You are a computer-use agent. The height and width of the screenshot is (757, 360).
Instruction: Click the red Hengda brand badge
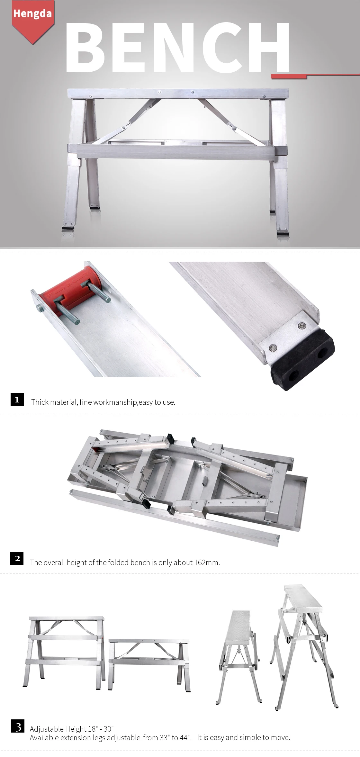click(x=32, y=18)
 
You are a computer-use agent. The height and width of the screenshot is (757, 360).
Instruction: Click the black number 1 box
click(x=17, y=400)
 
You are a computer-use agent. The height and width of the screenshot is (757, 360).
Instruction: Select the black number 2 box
click(x=17, y=558)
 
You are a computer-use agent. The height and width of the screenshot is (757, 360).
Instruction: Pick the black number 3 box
click(x=18, y=727)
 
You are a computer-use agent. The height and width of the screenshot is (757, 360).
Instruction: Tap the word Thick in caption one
click(x=39, y=402)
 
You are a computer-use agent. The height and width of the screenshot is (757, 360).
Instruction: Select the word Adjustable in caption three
click(x=47, y=729)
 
